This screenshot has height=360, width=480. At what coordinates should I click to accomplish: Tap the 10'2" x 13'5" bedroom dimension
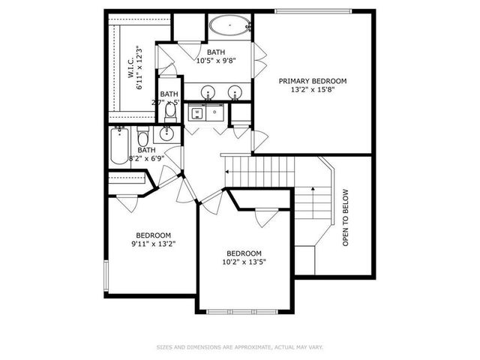(x=244, y=262)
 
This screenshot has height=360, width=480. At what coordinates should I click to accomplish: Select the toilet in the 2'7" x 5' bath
(x=169, y=113)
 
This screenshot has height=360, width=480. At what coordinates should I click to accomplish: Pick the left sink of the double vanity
(x=208, y=94)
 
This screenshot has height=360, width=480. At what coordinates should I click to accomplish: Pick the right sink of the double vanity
(x=235, y=94)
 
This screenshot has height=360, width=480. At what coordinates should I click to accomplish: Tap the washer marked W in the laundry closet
(x=197, y=113)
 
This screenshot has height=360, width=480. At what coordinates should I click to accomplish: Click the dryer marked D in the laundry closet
(x=214, y=113)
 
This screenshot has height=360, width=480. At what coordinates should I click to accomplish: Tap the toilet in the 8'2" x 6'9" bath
(x=142, y=138)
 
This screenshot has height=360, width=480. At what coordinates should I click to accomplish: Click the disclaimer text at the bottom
(x=239, y=346)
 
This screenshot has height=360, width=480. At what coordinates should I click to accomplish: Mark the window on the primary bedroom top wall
(x=313, y=10)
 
